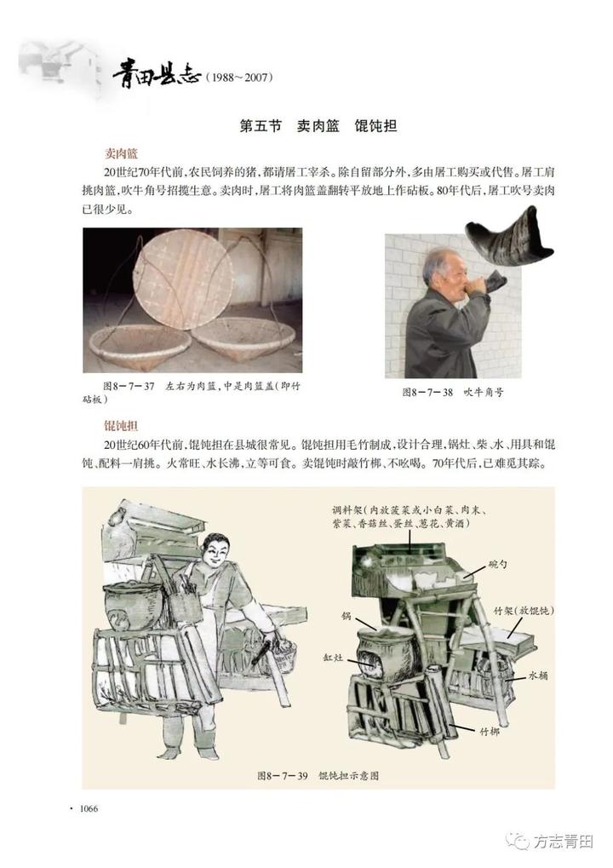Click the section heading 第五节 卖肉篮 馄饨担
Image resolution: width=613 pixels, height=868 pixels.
pyautogui.click(x=318, y=126)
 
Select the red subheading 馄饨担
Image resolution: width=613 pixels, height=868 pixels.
pyautogui.click(x=121, y=426)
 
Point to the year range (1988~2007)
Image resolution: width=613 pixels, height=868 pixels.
pyautogui.click(x=239, y=78)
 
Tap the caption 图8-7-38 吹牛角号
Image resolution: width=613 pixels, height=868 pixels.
pyautogui.click(x=453, y=393)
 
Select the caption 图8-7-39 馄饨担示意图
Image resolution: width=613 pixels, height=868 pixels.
pyautogui.click(x=318, y=775)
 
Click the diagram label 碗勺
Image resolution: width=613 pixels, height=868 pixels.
pyautogui.click(x=497, y=565)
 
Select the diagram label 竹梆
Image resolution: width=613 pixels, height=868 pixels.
pyautogui.click(x=489, y=732)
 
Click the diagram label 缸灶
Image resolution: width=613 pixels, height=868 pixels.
pyautogui.click(x=333, y=658)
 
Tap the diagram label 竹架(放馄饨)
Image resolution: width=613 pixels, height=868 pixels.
pyautogui.click(x=524, y=611)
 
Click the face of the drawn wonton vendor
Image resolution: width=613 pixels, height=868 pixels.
pyautogui.click(x=214, y=552)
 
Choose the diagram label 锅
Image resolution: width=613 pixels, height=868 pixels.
pyautogui.click(x=347, y=616)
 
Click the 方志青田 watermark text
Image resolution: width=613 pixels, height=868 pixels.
pyautogui.click(x=564, y=842)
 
